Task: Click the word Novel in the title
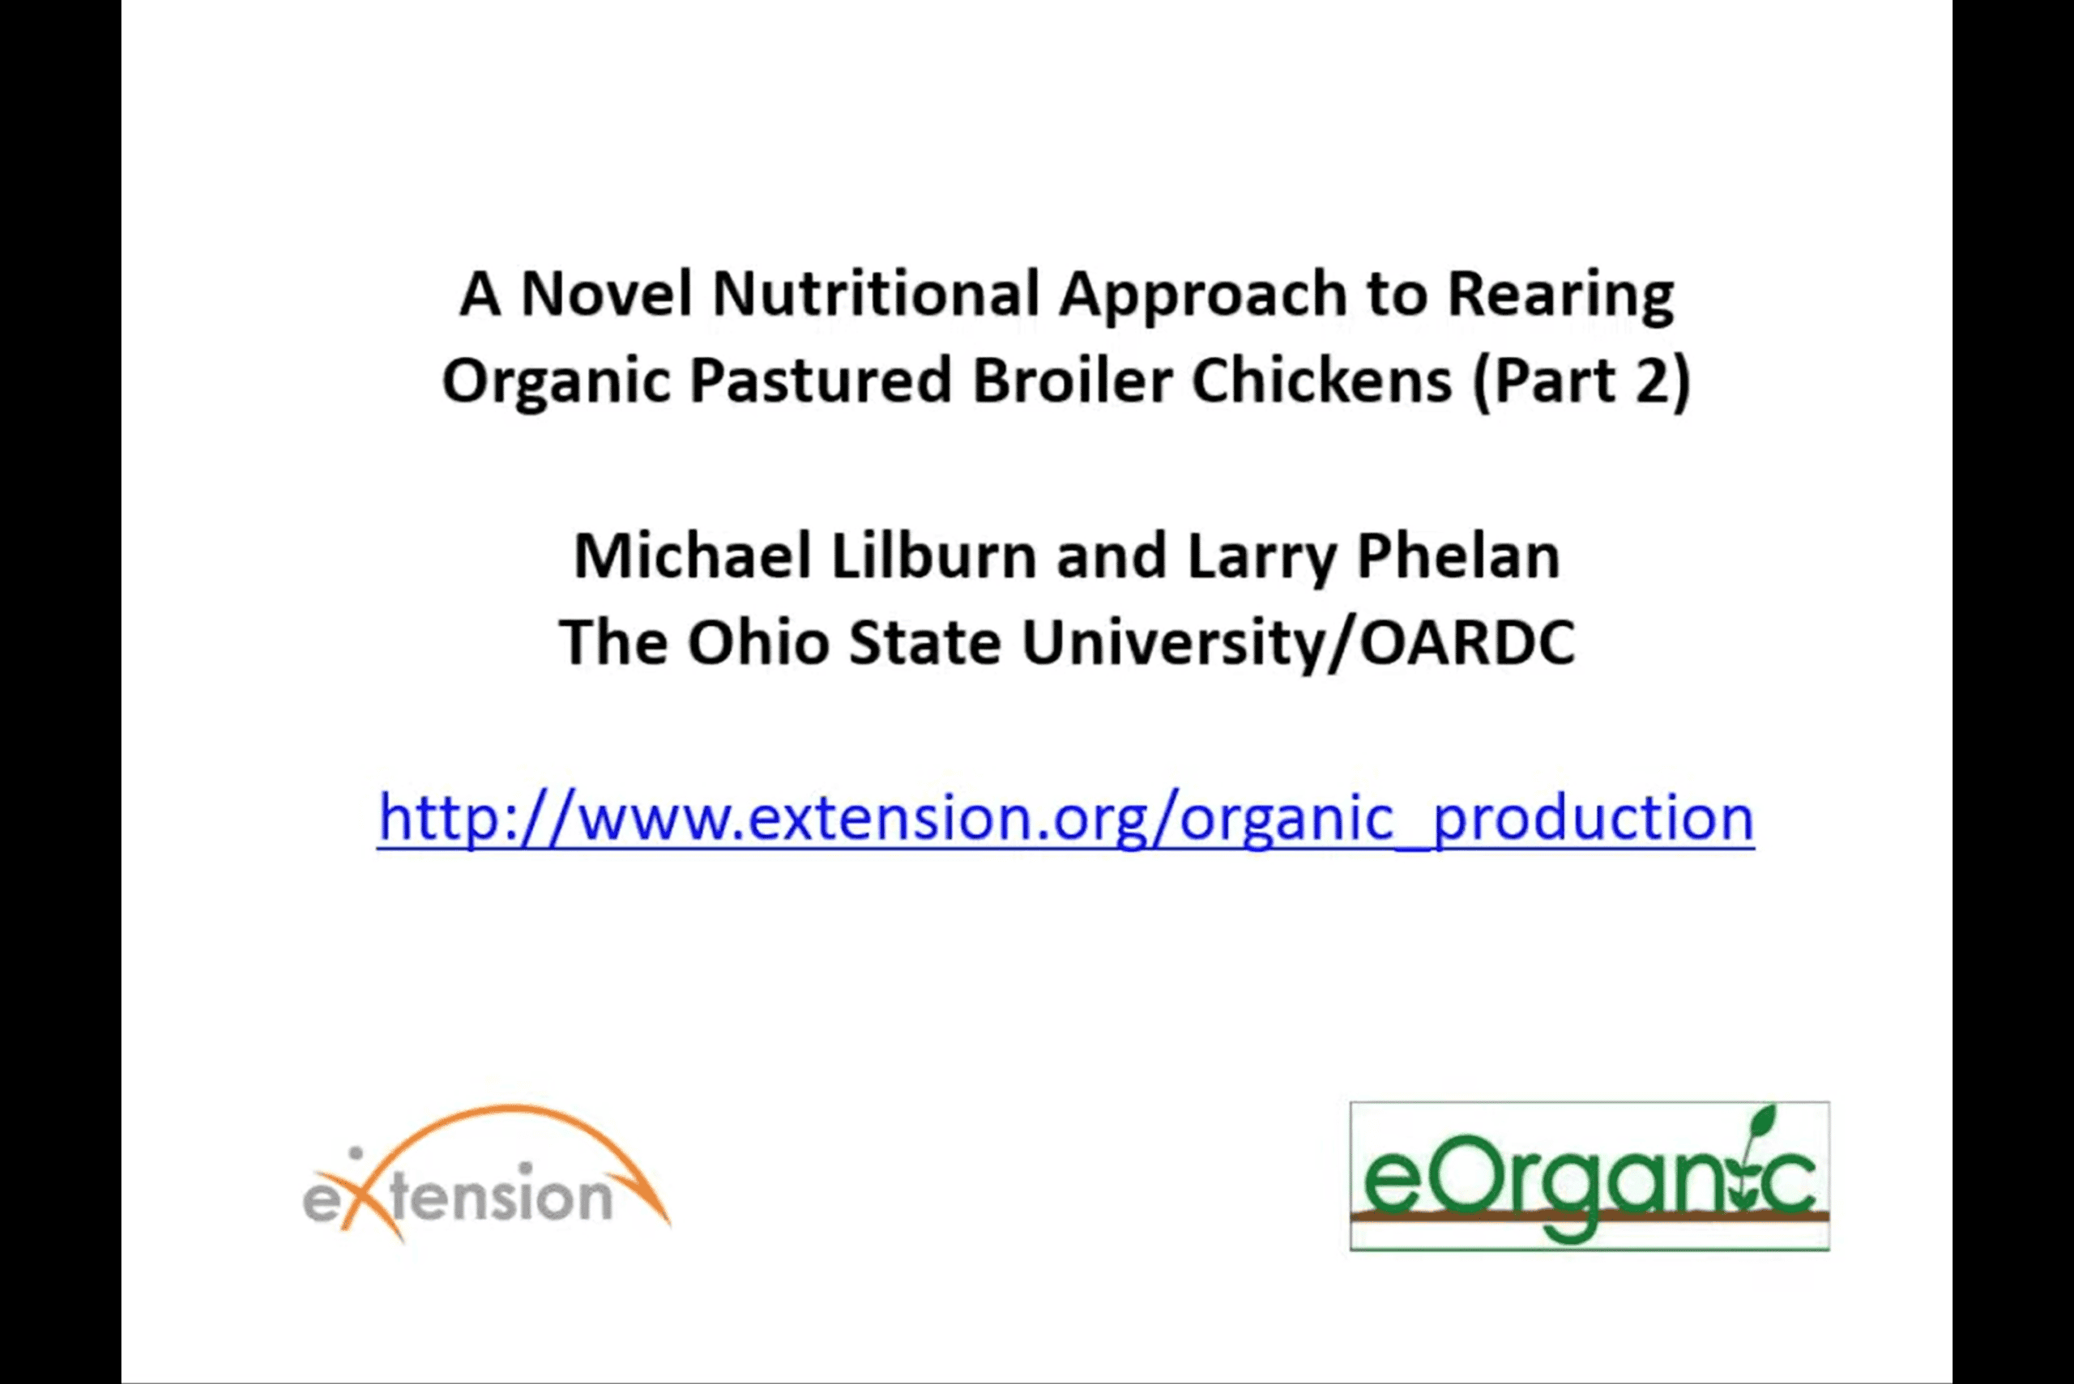(x=607, y=293)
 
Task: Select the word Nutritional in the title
(x=876, y=293)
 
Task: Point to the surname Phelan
(x=1457, y=556)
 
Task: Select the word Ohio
(x=758, y=641)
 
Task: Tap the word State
(x=924, y=641)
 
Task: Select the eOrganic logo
(x=1590, y=1176)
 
